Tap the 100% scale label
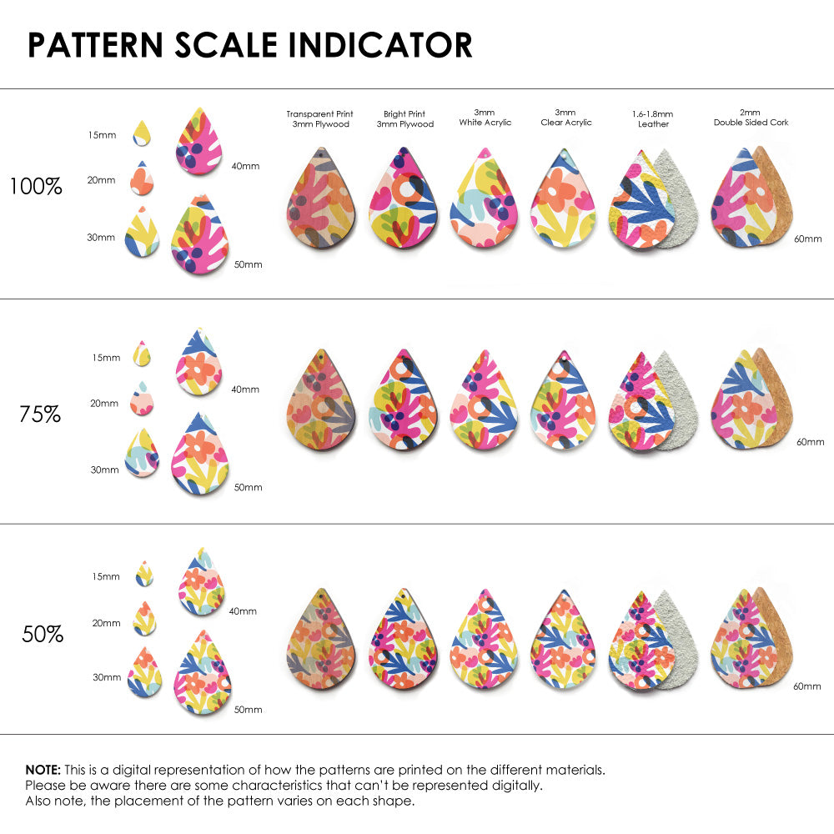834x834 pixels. coord(36,187)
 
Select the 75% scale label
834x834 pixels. coord(40,414)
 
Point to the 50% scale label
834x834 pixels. coord(43,635)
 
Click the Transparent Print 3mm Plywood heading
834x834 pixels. coord(319,118)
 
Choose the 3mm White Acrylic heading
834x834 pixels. coord(485,118)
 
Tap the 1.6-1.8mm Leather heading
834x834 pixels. coord(653,118)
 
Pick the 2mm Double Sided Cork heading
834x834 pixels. coord(751,118)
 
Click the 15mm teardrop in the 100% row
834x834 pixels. coord(142,133)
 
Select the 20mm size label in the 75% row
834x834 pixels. coord(104,404)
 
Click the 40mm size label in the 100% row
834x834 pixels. coord(245,166)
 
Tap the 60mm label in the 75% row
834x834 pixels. coord(810,441)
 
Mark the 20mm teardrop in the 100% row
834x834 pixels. coord(142,177)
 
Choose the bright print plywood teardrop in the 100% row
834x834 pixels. coord(404,199)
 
